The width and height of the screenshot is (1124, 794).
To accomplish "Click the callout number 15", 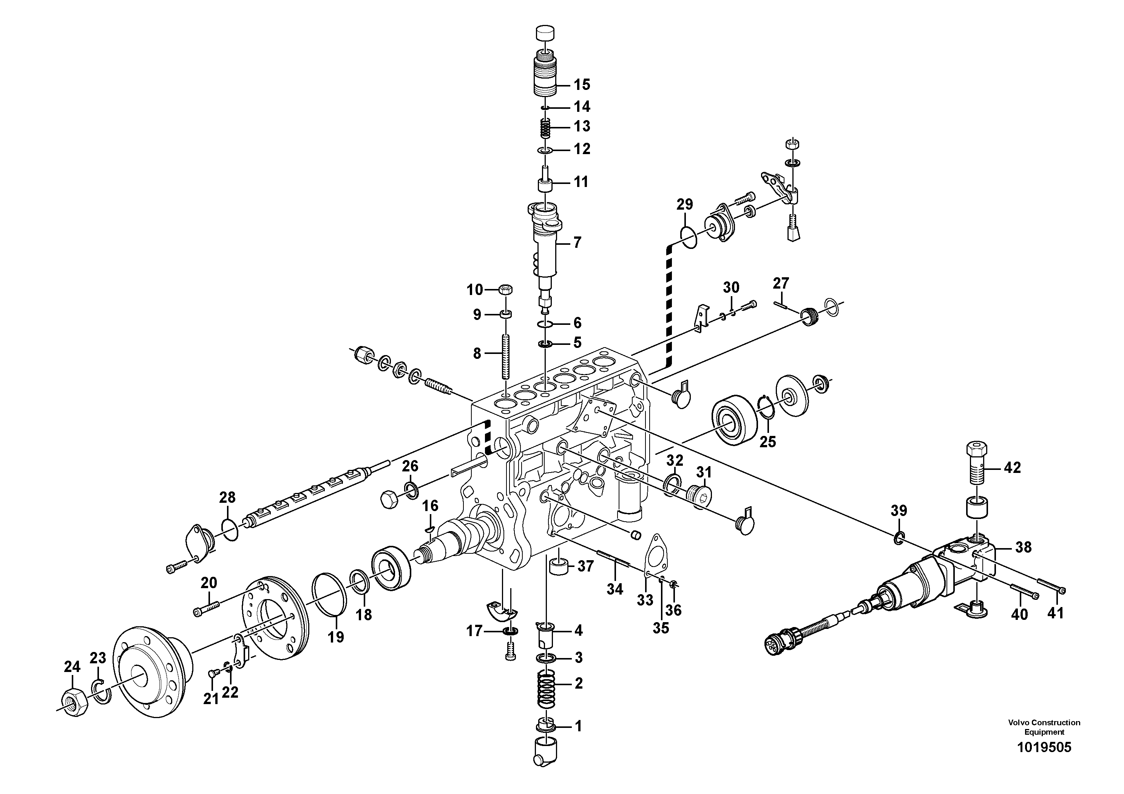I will tap(582, 84).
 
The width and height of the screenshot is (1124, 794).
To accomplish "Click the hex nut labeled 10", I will tap(506, 290).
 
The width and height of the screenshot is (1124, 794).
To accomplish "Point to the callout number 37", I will tap(585, 566).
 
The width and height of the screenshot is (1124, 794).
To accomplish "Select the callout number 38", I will tap(1023, 547).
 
